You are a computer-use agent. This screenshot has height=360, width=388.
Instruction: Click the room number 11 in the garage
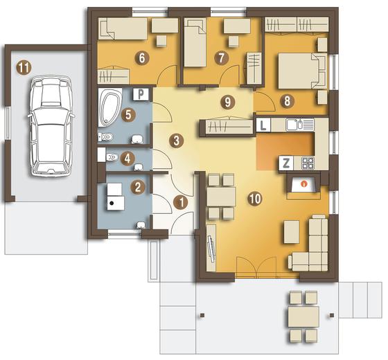[x=24, y=68]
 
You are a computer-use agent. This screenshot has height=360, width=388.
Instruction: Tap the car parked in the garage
[x=51, y=127]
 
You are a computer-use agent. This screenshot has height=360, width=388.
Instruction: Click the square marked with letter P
[x=141, y=94]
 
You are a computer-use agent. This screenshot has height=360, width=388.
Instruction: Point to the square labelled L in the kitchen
[x=263, y=125]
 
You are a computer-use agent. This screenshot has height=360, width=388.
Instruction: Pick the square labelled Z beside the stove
[x=286, y=163]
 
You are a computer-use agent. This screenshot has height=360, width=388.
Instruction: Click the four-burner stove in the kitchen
[x=308, y=163]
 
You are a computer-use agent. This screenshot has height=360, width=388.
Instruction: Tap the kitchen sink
[x=294, y=125]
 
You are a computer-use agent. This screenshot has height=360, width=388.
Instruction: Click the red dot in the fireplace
[x=304, y=183]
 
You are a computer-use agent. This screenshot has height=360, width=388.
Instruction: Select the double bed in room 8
[x=303, y=71]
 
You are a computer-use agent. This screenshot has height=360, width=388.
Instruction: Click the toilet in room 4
[x=112, y=157]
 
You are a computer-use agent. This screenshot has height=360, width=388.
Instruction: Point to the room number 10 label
[x=256, y=199]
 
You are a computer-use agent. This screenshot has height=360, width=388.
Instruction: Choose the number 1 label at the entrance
[x=181, y=203]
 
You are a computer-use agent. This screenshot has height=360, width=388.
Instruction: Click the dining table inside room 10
[x=221, y=197]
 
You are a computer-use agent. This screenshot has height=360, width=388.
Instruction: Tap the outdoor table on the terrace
[x=303, y=317]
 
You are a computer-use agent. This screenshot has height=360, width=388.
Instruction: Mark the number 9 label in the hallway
[x=227, y=102]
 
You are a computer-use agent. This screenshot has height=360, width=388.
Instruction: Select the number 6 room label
[x=142, y=59]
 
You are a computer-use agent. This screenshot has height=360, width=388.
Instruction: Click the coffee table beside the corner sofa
[x=292, y=232]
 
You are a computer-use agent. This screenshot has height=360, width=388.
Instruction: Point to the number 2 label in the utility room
[x=138, y=187]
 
